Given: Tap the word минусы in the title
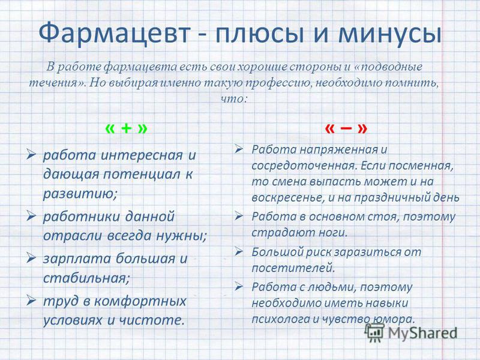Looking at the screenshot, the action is tap(389, 33).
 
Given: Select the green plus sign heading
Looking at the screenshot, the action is tap(127, 128).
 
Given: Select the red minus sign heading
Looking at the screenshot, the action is tap(346, 128).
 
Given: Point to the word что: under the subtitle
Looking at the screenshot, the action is tap(233, 98).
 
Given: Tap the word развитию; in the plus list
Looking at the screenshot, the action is tap(80, 194).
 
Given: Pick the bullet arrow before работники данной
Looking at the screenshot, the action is tap(31, 215).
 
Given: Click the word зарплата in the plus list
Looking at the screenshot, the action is tap(77, 259).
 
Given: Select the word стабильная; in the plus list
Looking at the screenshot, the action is tap(86, 278).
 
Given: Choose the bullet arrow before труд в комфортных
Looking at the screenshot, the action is tap(31, 300).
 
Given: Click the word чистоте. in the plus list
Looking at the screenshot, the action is tap(152, 320).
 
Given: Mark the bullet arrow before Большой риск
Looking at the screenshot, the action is tap(239, 251).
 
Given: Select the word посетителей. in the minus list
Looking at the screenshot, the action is tap(293, 268).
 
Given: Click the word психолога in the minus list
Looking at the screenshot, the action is tap(280, 319).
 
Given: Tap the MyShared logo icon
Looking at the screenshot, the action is tap(375, 332).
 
